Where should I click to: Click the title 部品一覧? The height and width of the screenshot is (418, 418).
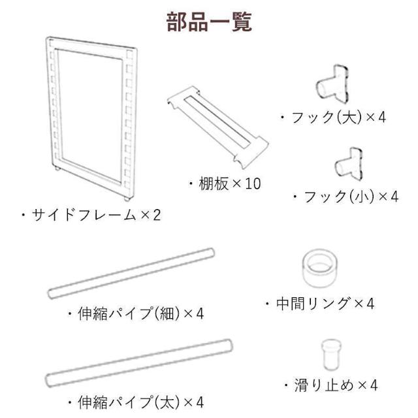pos(209,22)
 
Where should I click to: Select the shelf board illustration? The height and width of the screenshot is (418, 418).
pos(217,127)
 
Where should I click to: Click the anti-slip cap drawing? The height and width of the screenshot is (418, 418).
pos(331,355)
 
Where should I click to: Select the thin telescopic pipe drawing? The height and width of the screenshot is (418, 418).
pos(131,273)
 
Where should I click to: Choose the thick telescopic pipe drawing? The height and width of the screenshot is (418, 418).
pos(138,362)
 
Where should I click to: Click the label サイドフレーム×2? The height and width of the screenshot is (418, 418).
pos(91,215)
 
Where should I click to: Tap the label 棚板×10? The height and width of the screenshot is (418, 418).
pos(225,184)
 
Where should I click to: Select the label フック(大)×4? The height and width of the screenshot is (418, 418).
pos(333,118)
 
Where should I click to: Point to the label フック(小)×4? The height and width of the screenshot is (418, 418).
pos(346,197)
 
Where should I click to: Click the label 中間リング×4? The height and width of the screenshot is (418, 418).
pos(320,304)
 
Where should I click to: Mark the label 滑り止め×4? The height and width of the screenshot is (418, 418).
pos(331,385)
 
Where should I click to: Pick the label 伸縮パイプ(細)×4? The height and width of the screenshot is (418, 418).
pos(136,313)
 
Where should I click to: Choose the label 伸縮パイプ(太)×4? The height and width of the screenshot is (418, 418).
pos(136,402)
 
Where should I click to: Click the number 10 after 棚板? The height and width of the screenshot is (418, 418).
pos(253,184)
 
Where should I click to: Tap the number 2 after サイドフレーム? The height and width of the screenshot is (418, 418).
pos(157,215)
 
